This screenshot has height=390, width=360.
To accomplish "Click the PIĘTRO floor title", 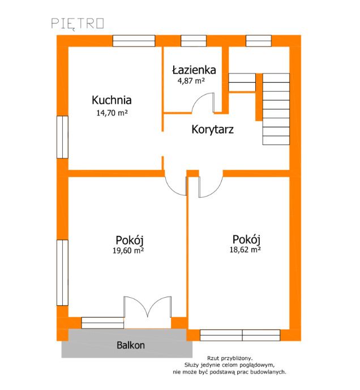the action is pos(78,24).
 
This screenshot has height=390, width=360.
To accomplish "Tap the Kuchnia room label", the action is pos(112,100).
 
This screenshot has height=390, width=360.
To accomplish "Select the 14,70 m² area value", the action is pos(112,113).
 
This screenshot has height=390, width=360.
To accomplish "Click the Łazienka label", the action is pos(194,70).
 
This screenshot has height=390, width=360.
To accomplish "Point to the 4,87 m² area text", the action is pos(191,81).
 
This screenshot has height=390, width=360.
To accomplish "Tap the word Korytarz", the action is pos(213,130).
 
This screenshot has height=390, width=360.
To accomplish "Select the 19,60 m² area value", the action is pos(128,250).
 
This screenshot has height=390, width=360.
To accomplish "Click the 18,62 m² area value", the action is pos(245,250).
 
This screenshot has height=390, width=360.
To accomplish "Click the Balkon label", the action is pos(131,345).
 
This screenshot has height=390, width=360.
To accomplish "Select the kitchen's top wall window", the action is pos(134,41).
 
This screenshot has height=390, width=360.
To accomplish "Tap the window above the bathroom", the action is pos(194,41).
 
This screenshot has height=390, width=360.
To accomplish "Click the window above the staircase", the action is pos(259,41).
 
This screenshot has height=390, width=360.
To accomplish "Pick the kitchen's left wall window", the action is pos(62,137).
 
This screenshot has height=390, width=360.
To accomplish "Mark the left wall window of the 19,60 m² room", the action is pos(62,273).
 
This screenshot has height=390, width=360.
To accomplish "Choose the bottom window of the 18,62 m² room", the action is pos(240,335).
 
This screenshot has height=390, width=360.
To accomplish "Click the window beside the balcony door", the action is pos(102,323).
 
